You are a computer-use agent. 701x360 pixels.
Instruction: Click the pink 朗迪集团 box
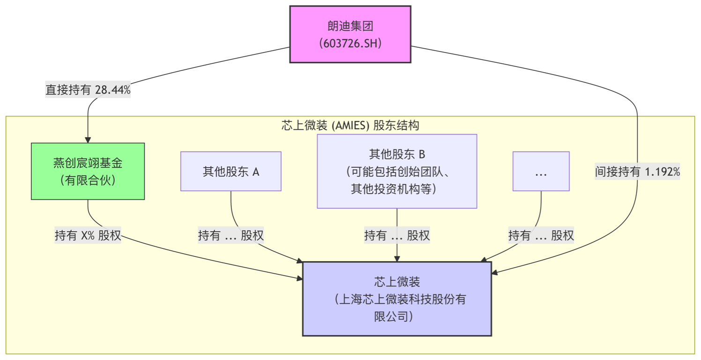[350, 34]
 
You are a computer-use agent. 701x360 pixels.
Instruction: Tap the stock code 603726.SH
[350, 44]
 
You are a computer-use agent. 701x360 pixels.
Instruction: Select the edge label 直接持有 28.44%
[88, 90]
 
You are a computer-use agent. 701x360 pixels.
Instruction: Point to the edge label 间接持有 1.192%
[637, 172]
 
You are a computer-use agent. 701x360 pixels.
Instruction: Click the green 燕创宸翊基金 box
[88, 171]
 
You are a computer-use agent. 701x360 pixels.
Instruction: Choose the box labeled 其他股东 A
[231, 172]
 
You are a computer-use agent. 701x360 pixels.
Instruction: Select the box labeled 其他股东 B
[397, 171]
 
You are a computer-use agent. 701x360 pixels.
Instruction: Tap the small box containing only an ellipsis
[541, 172]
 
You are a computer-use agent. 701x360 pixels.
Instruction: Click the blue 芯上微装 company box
[397, 299]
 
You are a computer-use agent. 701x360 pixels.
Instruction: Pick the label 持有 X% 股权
[88, 235]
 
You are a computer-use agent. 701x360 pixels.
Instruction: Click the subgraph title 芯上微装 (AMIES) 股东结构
[350, 126]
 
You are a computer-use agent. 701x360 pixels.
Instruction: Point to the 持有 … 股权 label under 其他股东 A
[231, 235]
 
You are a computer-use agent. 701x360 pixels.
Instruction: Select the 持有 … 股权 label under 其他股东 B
[397, 235]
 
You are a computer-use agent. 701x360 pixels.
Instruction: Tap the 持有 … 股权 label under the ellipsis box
[541, 235]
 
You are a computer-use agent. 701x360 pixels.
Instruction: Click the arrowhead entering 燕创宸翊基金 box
[88, 140]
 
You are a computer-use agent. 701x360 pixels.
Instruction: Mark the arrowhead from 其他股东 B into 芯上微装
[397, 258]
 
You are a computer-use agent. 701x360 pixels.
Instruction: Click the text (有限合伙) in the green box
[88, 180]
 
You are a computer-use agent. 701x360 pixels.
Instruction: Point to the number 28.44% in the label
[112, 90]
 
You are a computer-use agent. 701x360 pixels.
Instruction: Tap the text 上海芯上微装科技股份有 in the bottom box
[401, 299]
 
